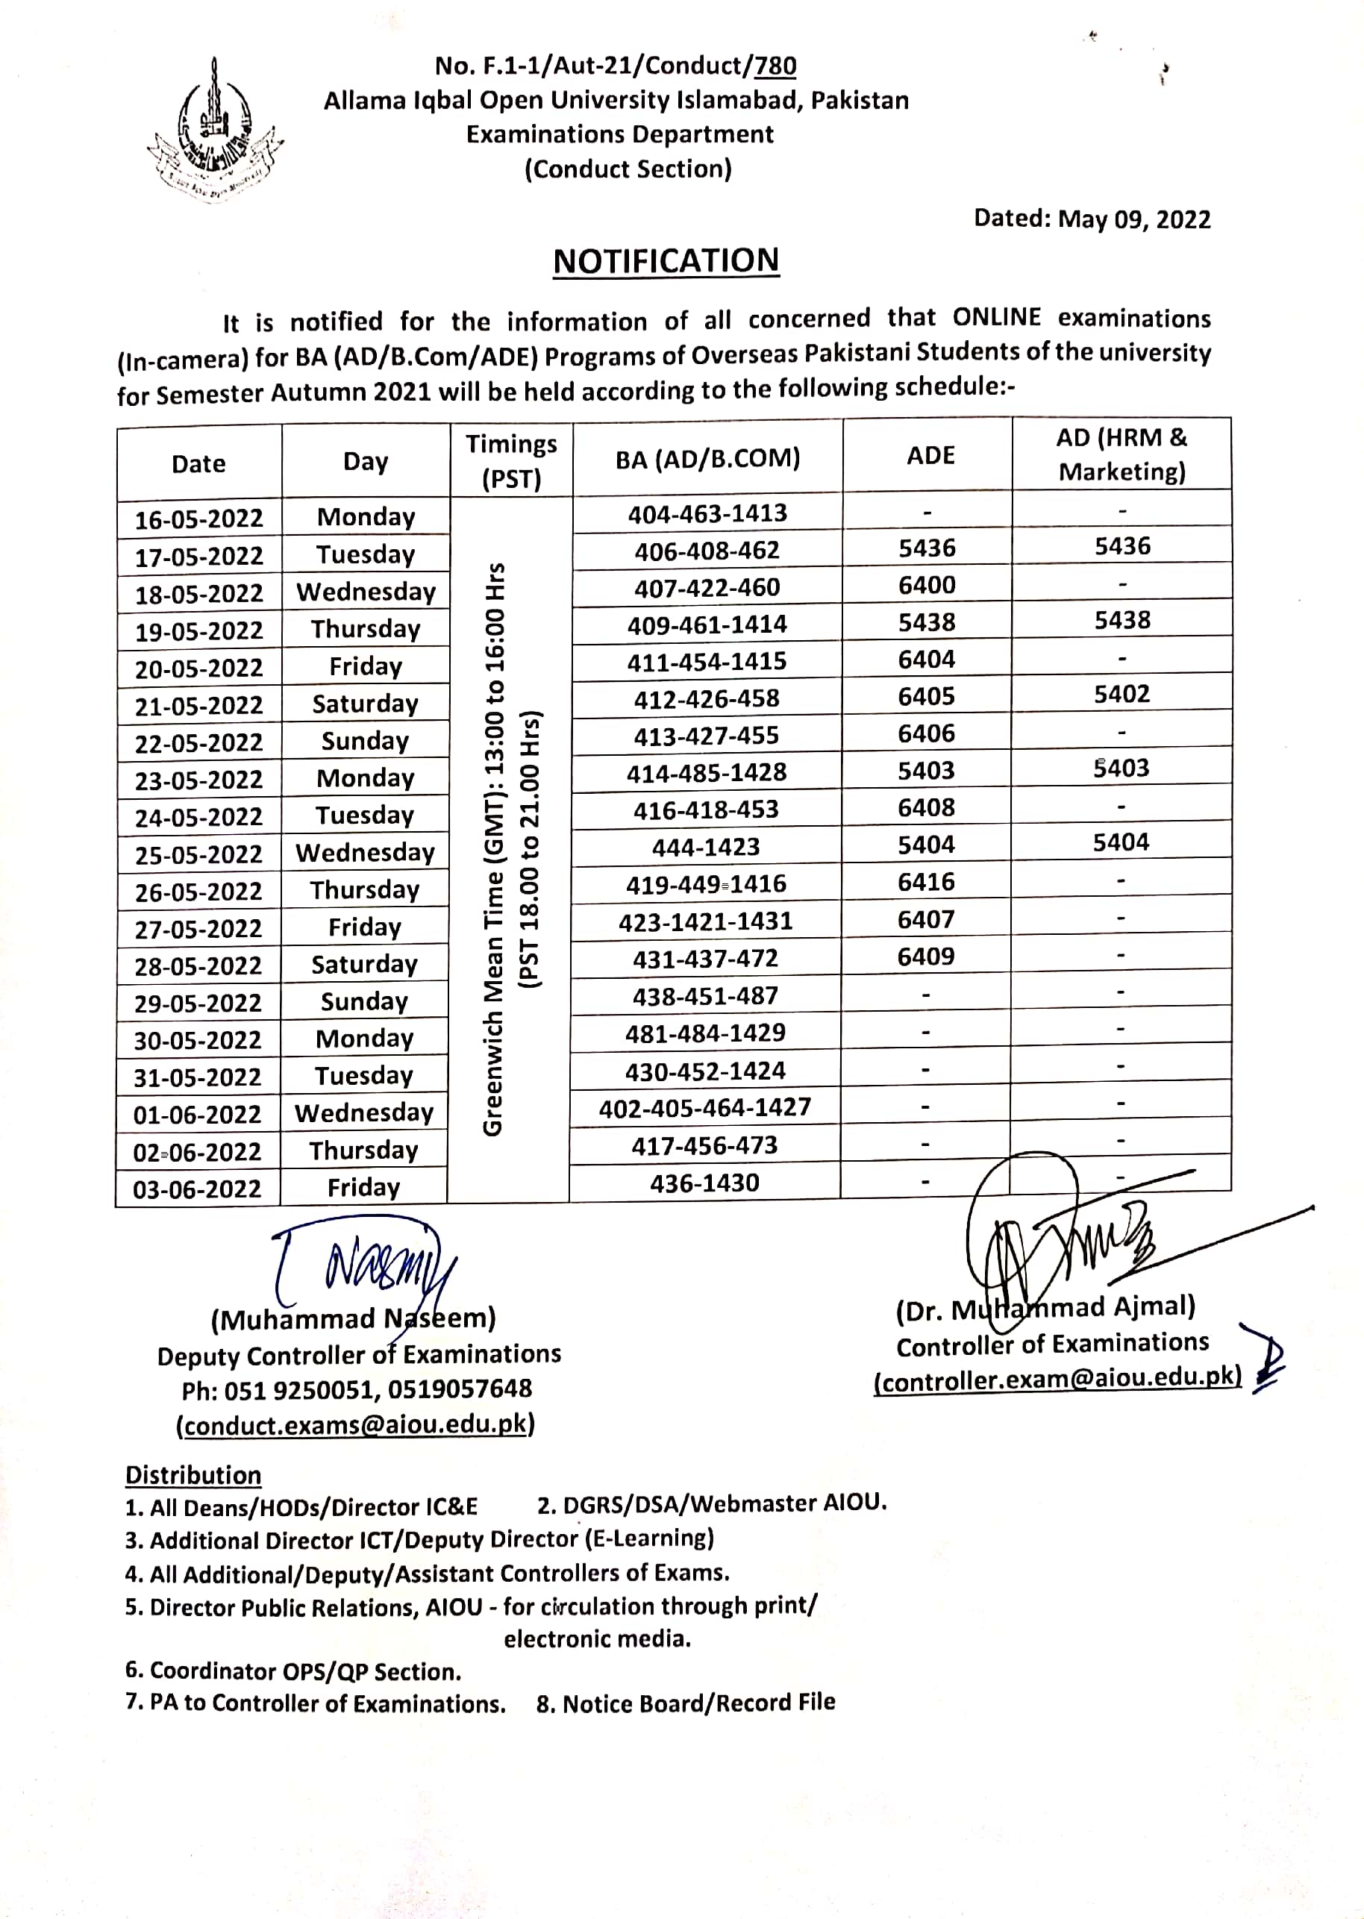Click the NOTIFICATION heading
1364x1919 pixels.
coord(666,261)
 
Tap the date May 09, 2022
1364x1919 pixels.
coord(1134,220)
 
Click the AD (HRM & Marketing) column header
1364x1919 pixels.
coord(1121,454)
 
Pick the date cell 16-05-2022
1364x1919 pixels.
coord(199,518)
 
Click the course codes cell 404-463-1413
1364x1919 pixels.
coord(707,513)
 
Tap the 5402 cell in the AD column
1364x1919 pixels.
coord(1121,695)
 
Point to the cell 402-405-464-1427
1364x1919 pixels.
coord(704,1108)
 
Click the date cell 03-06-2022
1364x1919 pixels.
coord(198,1189)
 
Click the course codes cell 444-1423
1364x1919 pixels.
coord(706,848)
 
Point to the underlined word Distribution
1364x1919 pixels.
coord(193,1476)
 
